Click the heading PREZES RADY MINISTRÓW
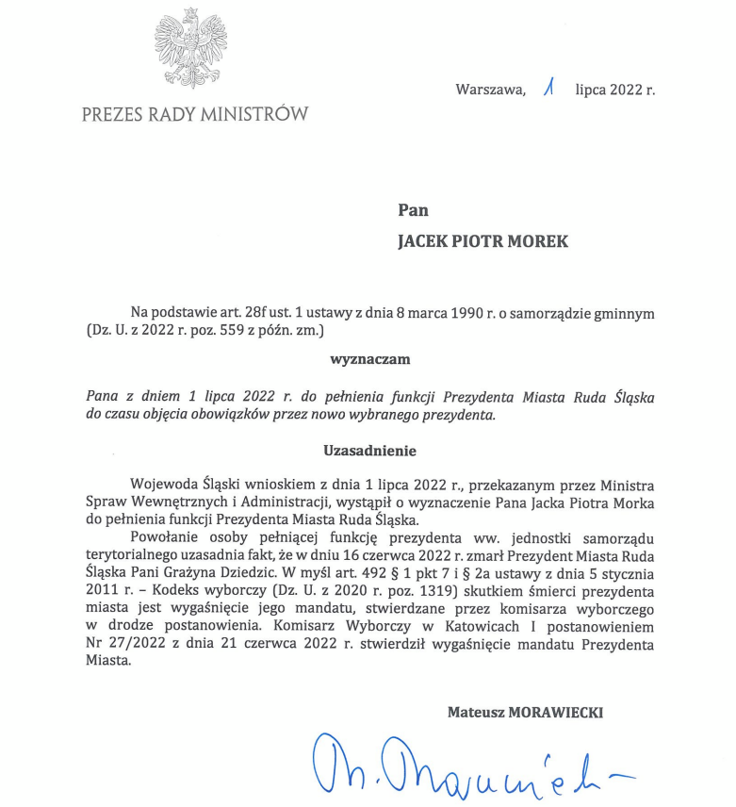pyautogui.click(x=195, y=115)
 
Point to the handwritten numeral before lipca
pyautogui.click(x=548, y=89)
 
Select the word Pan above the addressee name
pyautogui.click(x=413, y=210)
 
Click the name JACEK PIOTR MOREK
pyautogui.click(x=483, y=241)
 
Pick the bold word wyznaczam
pyautogui.click(x=369, y=358)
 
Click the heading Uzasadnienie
pyautogui.click(x=369, y=451)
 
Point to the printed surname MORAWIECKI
pyautogui.click(x=555, y=713)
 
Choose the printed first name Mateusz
pyautogui.click(x=476, y=713)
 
